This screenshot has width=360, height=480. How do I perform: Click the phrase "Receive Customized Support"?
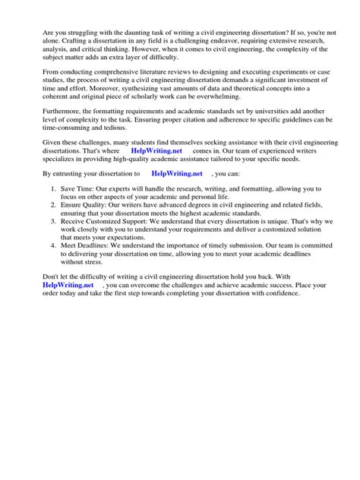click(107, 225)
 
